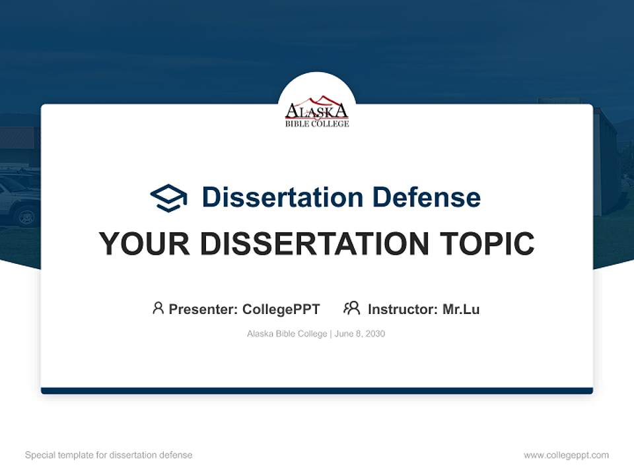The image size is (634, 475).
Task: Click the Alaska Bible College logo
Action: tap(317, 110)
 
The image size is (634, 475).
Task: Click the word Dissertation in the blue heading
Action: tap(282, 197)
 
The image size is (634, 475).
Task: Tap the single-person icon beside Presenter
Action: tap(158, 308)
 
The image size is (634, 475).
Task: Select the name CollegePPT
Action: tap(281, 309)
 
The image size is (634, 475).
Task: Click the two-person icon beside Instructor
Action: tap(352, 308)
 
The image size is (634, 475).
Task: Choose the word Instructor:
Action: tap(403, 309)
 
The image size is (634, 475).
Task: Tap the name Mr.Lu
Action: tap(461, 309)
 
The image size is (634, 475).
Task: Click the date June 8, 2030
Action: tap(360, 334)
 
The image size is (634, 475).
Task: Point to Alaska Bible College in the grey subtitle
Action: tap(287, 334)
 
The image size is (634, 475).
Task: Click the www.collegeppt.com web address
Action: tap(566, 455)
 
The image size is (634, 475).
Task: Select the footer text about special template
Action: tap(109, 455)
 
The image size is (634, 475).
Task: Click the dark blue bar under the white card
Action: tap(317, 391)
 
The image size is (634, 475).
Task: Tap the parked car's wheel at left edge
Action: tap(27, 215)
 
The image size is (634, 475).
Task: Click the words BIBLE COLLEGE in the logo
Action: tap(317, 123)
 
